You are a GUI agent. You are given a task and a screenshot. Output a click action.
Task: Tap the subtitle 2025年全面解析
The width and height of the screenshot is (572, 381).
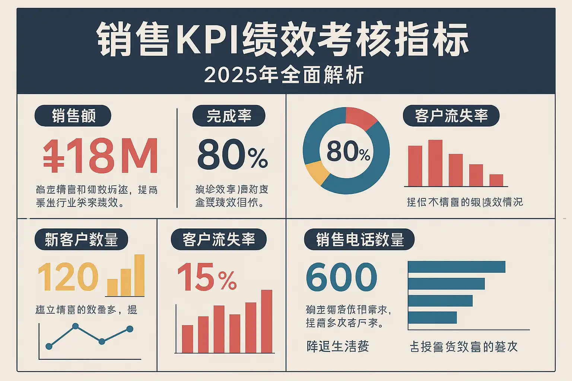click(x=284, y=75)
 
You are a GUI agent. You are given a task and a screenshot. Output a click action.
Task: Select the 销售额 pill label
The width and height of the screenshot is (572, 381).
click(x=73, y=116)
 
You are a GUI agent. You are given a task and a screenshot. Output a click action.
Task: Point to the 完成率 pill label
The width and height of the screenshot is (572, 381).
click(x=229, y=116)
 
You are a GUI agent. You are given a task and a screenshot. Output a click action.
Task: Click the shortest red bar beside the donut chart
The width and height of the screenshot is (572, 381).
click(x=496, y=180)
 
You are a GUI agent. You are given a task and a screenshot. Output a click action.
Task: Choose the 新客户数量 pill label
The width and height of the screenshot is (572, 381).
click(x=81, y=239)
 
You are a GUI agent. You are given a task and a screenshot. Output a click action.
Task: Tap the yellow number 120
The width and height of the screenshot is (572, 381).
click(x=68, y=277)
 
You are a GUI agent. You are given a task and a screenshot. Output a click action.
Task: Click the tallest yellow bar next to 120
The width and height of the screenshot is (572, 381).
click(x=139, y=275)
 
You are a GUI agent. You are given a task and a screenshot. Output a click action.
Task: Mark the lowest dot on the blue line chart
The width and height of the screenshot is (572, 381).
click(x=49, y=346)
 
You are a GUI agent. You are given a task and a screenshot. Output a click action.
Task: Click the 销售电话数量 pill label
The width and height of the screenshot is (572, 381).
click(x=359, y=239)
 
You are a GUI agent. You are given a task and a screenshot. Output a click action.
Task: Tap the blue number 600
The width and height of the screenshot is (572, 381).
click(x=341, y=277)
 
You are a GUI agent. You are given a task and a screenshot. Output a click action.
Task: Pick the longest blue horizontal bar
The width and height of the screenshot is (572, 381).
click(x=457, y=267)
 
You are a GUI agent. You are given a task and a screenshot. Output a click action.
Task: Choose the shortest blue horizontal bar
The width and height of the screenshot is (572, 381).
click(x=432, y=317)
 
